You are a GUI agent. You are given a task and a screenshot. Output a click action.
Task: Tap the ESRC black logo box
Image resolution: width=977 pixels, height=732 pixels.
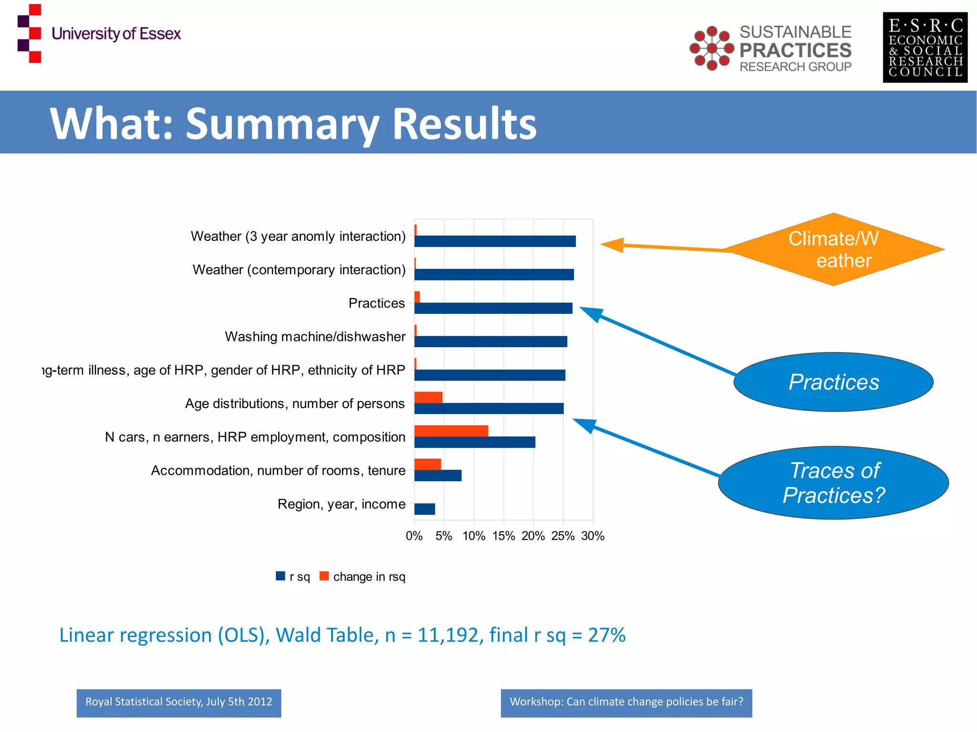point(925,48)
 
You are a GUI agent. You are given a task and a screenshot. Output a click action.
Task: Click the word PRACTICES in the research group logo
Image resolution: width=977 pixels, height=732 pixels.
point(795,50)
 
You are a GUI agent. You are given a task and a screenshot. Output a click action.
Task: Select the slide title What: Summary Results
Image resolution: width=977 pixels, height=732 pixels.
point(293,124)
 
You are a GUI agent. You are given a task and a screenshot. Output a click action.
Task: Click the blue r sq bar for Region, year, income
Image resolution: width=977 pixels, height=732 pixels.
point(425,509)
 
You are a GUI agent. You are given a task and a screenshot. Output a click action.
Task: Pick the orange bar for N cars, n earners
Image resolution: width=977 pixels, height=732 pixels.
point(451,431)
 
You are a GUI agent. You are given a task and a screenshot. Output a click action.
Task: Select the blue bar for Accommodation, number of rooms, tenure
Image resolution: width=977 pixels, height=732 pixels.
point(437,475)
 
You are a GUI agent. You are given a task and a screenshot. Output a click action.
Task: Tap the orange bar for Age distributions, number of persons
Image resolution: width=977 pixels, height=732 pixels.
point(428,397)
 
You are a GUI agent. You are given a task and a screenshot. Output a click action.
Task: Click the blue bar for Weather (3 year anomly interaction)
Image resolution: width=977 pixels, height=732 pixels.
point(495,241)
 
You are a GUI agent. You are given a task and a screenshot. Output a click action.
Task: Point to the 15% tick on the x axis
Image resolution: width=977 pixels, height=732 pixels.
point(504,536)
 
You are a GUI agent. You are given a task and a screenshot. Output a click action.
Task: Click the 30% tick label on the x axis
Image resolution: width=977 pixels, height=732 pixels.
point(592,536)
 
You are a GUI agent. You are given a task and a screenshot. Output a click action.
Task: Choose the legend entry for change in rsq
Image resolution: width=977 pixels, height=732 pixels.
point(363,577)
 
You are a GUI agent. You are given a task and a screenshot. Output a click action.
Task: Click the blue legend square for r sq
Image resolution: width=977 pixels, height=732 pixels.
point(281,576)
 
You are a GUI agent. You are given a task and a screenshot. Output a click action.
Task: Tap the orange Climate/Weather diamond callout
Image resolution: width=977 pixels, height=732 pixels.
point(833,249)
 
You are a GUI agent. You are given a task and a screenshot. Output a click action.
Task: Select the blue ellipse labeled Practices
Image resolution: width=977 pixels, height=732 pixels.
point(833,382)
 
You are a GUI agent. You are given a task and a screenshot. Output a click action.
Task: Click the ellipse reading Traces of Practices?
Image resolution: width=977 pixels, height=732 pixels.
point(833,483)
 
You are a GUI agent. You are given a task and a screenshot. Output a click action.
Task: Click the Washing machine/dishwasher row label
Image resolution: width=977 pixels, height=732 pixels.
point(315,337)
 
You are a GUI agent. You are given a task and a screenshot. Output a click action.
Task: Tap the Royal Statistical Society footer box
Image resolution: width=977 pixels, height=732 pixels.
point(179,702)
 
